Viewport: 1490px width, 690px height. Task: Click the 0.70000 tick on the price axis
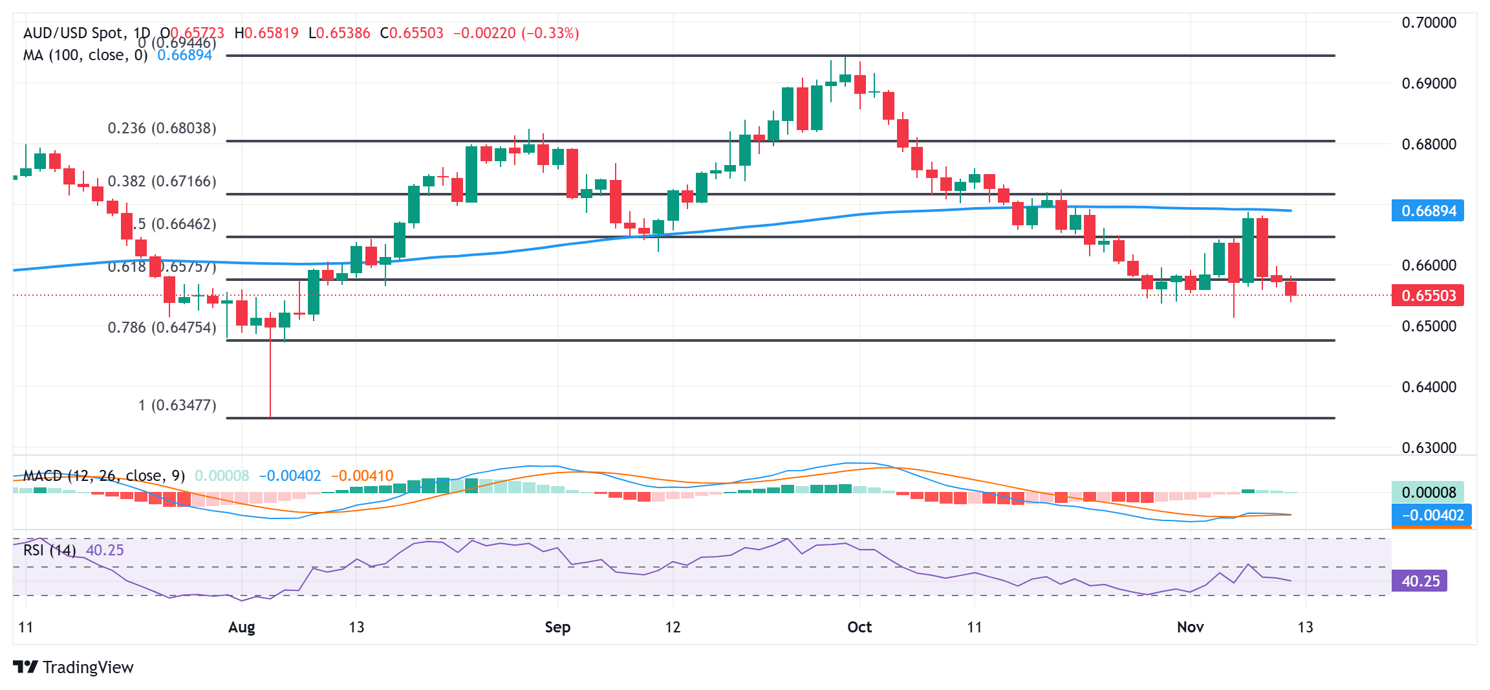1429,23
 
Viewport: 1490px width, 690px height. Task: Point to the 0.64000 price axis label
1429,387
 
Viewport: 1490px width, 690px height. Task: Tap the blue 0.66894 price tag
1428,211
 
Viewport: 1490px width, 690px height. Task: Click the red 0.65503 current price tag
1428,296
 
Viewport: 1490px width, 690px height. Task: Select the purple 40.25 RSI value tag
1420,581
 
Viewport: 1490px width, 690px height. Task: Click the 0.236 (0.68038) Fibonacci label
162,128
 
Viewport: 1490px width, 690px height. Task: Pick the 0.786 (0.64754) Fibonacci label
162,328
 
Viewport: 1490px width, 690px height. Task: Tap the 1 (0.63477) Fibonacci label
177,405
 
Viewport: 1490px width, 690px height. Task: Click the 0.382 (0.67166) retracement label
162,181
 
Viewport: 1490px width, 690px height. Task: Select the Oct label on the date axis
859,627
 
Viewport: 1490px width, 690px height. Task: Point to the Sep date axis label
557,627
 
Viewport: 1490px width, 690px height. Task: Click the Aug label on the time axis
242,627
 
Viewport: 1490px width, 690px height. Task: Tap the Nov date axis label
1190,627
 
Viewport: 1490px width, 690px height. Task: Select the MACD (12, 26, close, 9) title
103,476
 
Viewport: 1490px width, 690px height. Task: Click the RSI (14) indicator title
49,550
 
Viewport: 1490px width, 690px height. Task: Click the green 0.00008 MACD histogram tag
1428,493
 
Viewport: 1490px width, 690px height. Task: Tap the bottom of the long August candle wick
270,416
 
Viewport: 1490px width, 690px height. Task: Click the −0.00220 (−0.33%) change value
516,33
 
